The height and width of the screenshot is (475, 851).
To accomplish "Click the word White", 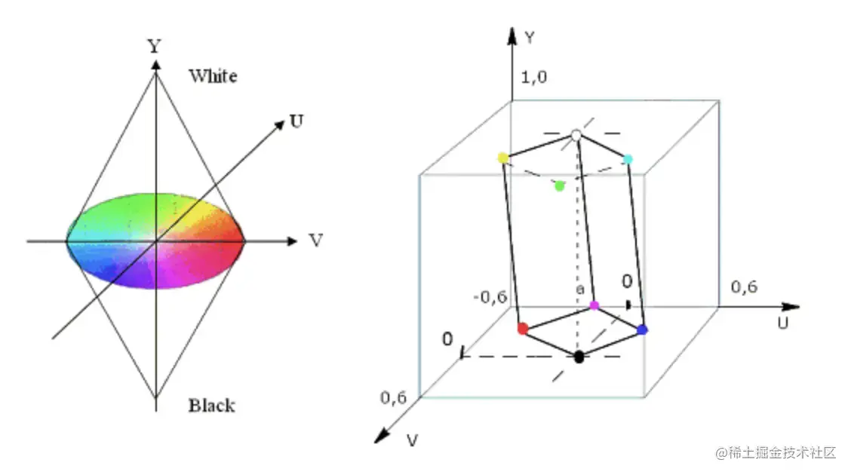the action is (x=213, y=76).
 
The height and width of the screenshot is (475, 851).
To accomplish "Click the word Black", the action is (x=211, y=406).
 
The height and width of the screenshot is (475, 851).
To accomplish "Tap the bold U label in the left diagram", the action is (x=296, y=121).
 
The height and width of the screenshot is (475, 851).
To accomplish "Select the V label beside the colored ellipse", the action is (x=316, y=241).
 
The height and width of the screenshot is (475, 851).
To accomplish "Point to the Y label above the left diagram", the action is (x=155, y=46).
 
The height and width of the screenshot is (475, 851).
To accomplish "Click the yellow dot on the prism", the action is (x=503, y=158).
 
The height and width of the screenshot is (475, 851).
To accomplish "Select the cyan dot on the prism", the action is (x=628, y=159).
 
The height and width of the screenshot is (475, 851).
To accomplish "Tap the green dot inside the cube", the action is (x=559, y=185).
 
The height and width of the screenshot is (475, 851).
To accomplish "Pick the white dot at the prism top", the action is (x=576, y=135).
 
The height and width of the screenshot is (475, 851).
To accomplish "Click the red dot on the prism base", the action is (x=522, y=329).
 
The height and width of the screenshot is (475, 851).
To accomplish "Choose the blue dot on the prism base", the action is (x=643, y=329).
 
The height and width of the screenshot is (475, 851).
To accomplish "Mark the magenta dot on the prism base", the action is (x=594, y=305).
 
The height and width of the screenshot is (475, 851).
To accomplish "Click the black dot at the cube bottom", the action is (x=579, y=357).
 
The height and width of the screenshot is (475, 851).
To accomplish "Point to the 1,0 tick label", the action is (x=534, y=76).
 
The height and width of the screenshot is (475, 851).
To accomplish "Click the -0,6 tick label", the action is (x=490, y=296).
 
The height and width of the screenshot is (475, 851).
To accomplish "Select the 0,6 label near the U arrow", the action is (x=744, y=287).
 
